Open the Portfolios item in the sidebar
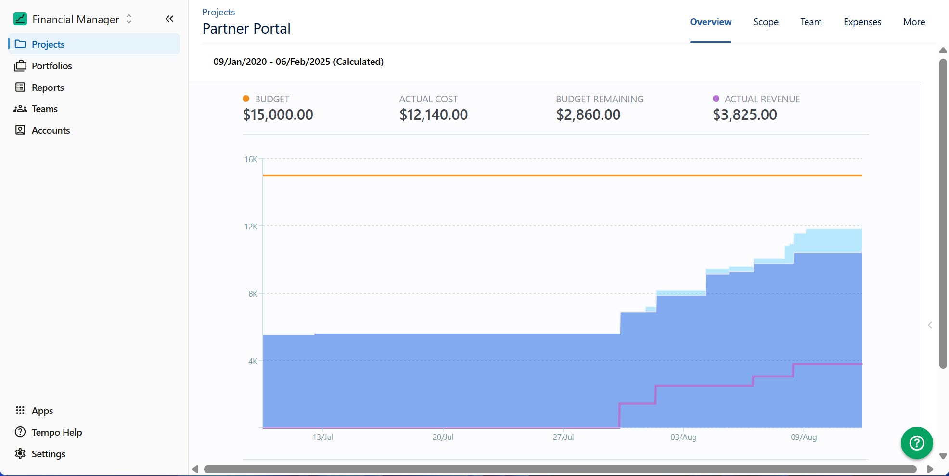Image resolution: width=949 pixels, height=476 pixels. tap(51, 66)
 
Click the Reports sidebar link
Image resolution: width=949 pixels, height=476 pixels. tap(48, 88)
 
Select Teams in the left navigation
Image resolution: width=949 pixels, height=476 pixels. tap(44, 109)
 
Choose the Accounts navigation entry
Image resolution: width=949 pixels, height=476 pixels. tap(51, 130)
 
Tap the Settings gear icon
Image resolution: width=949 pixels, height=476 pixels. tap(20, 453)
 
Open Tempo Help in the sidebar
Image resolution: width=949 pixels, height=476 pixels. tap(56, 432)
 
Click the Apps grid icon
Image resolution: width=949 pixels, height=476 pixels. tap(20, 410)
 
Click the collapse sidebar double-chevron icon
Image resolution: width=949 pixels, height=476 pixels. tap(169, 19)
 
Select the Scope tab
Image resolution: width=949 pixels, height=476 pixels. tap(766, 22)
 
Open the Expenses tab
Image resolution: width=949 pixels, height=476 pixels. tap(862, 22)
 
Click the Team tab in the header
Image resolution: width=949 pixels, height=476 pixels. tap(811, 22)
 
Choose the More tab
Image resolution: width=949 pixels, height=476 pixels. tap(914, 22)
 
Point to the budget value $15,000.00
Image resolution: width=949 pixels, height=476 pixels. tap(278, 114)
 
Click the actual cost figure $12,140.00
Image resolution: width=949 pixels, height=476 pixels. tap(433, 114)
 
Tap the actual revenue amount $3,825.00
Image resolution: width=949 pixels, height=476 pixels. tap(744, 114)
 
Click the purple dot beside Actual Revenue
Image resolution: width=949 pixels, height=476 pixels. tap(716, 99)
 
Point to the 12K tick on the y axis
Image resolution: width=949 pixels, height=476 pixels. tap(251, 226)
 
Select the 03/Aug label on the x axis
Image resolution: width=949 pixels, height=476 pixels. tap(683, 437)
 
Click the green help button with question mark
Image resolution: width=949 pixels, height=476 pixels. tap(916, 443)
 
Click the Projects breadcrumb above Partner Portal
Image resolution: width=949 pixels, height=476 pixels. tap(218, 12)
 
